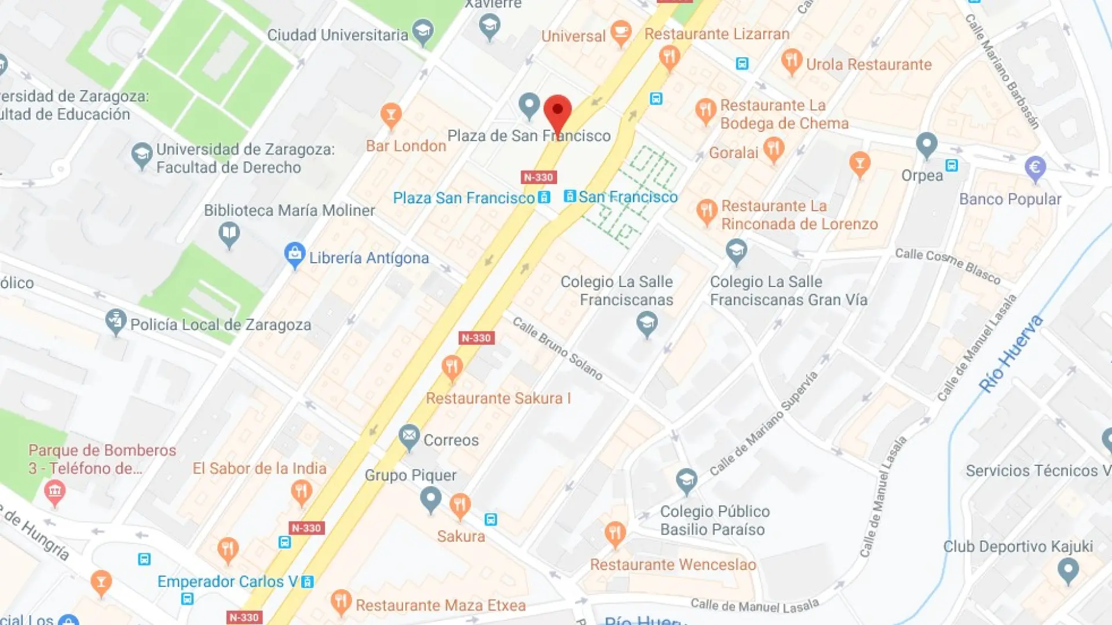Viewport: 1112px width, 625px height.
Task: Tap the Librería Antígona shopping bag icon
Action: [295, 254]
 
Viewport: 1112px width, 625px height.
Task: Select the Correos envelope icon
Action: [409, 436]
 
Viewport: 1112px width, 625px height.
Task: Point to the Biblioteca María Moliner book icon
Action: [229, 234]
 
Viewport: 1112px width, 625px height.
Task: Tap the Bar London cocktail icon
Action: [391, 115]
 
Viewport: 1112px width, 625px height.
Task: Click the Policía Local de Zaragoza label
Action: [221, 325]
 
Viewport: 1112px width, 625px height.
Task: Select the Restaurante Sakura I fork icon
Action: [452, 368]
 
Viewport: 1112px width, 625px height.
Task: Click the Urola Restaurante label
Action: [869, 64]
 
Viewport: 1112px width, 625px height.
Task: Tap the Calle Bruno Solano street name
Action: [557, 348]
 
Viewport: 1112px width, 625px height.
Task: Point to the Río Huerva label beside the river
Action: [1010, 354]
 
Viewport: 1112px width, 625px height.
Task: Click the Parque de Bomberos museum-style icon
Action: [55, 492]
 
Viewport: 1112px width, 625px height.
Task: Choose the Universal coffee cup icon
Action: [621, 32]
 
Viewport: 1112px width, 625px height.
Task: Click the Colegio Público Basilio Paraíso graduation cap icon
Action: [686, 480]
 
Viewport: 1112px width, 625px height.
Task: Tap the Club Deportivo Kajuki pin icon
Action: [1068, 571]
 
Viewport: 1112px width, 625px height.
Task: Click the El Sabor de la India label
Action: [259, 468]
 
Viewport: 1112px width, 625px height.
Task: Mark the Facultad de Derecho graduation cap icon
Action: [141, 155]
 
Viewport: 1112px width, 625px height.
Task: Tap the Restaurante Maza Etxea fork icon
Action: [341, 602]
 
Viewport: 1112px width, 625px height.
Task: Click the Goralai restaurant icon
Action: [774, 149]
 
